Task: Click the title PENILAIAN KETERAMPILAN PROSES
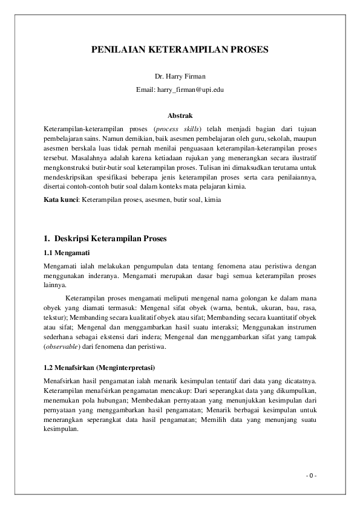[180, 53]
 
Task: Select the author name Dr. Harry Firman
[180, 77]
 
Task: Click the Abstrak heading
[180, 115]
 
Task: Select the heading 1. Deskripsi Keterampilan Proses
[106, 238]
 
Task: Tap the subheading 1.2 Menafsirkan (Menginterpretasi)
[100, 368]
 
